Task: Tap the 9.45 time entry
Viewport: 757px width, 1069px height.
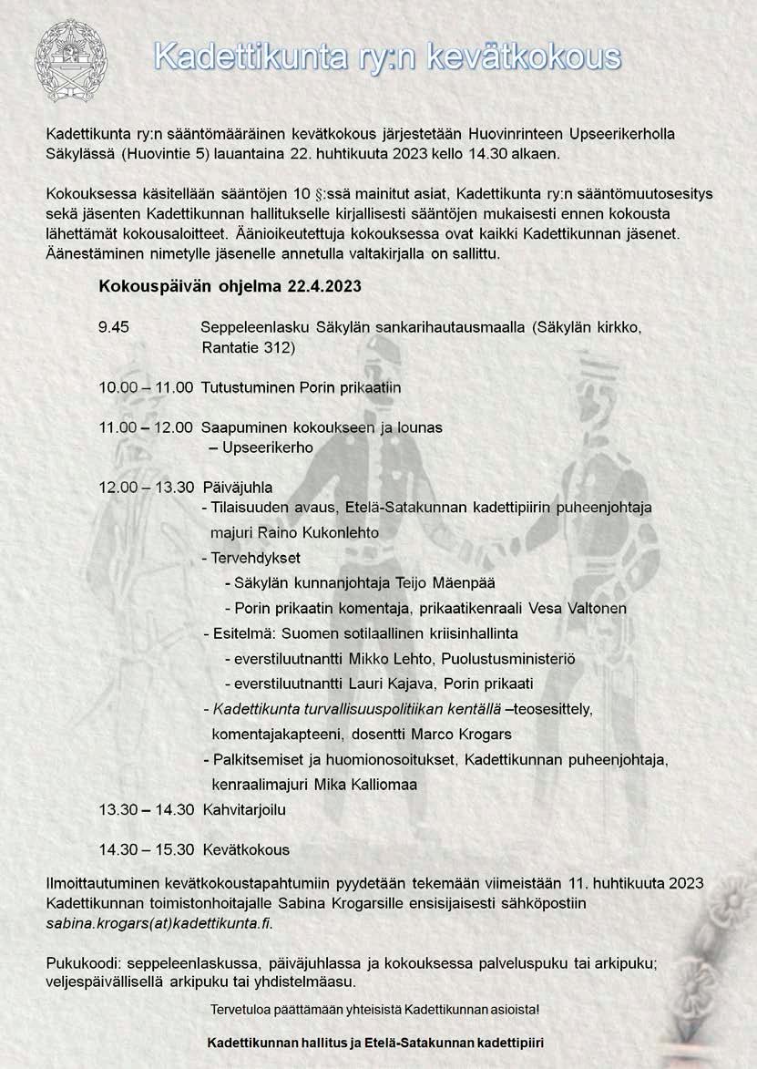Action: tap(114, 329)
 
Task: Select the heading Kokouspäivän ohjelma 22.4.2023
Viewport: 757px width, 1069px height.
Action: tap(230, 285)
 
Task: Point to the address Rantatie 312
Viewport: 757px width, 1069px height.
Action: tap(248, 348)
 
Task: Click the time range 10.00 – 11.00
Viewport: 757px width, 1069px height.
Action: tap(146, 387)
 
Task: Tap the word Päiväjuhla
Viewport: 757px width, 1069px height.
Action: tap(237, 487)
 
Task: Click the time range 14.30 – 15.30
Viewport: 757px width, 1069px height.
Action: tap(146, 849)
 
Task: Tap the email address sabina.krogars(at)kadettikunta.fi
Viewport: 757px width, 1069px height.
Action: tap(159, 922)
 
